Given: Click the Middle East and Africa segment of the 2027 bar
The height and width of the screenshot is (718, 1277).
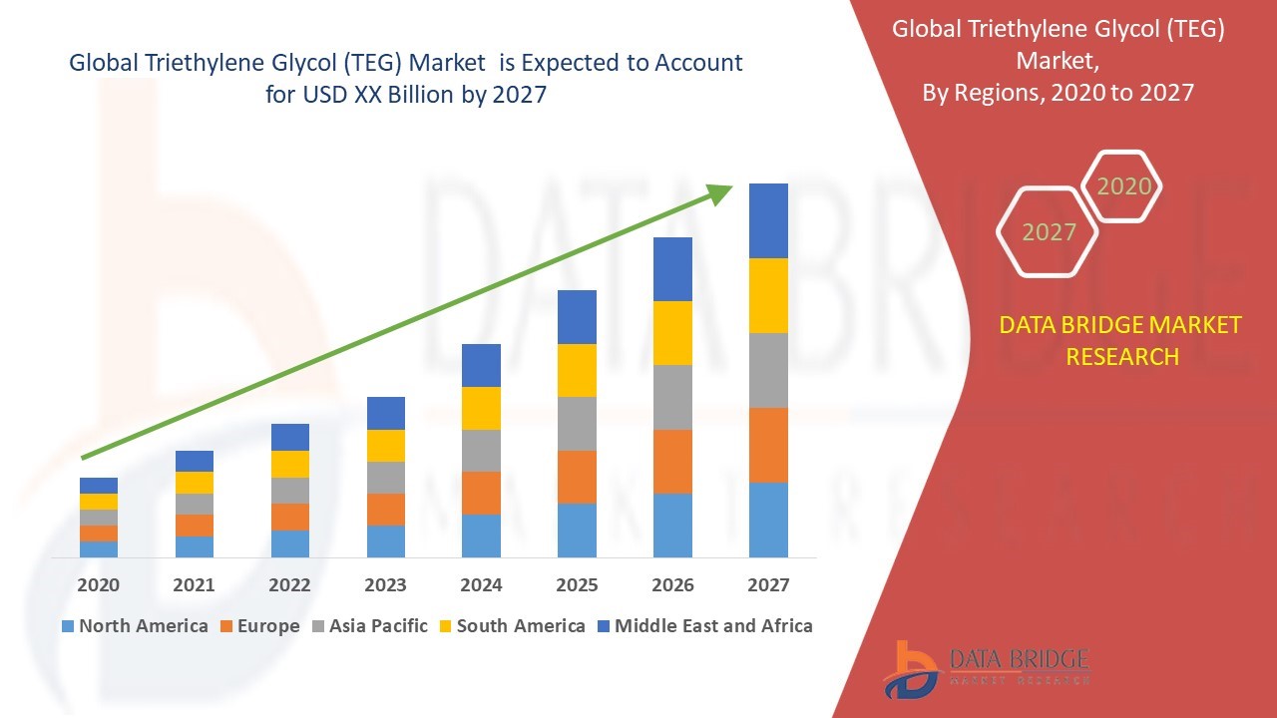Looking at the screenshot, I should click(768, 220).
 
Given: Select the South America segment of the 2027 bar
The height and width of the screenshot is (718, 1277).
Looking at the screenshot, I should click(768, 295).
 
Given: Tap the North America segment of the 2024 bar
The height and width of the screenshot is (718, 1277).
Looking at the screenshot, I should click(481, 536).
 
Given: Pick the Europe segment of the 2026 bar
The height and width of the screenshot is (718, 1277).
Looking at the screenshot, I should click(672, 461).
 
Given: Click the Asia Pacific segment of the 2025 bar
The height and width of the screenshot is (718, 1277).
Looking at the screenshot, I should click(577, 424).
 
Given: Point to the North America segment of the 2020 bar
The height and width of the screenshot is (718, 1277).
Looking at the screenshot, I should click(99, 548).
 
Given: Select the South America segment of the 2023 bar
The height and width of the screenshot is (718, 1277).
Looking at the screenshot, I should click(386, 446).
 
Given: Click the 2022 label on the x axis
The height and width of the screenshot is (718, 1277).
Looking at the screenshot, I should click(289, 585).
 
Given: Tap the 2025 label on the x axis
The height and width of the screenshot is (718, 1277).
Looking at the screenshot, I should click(577, 585).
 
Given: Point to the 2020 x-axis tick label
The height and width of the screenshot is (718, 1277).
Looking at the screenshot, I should click(99, 585).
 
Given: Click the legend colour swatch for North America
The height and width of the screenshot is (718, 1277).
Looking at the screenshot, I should click(68, 626).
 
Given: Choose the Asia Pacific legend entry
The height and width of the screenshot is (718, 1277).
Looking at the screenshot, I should click(378, 626).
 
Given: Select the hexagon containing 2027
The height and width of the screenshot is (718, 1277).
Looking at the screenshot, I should click(1048, 232).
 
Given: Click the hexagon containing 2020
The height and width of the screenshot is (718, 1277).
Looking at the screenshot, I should click(1123, 186).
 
